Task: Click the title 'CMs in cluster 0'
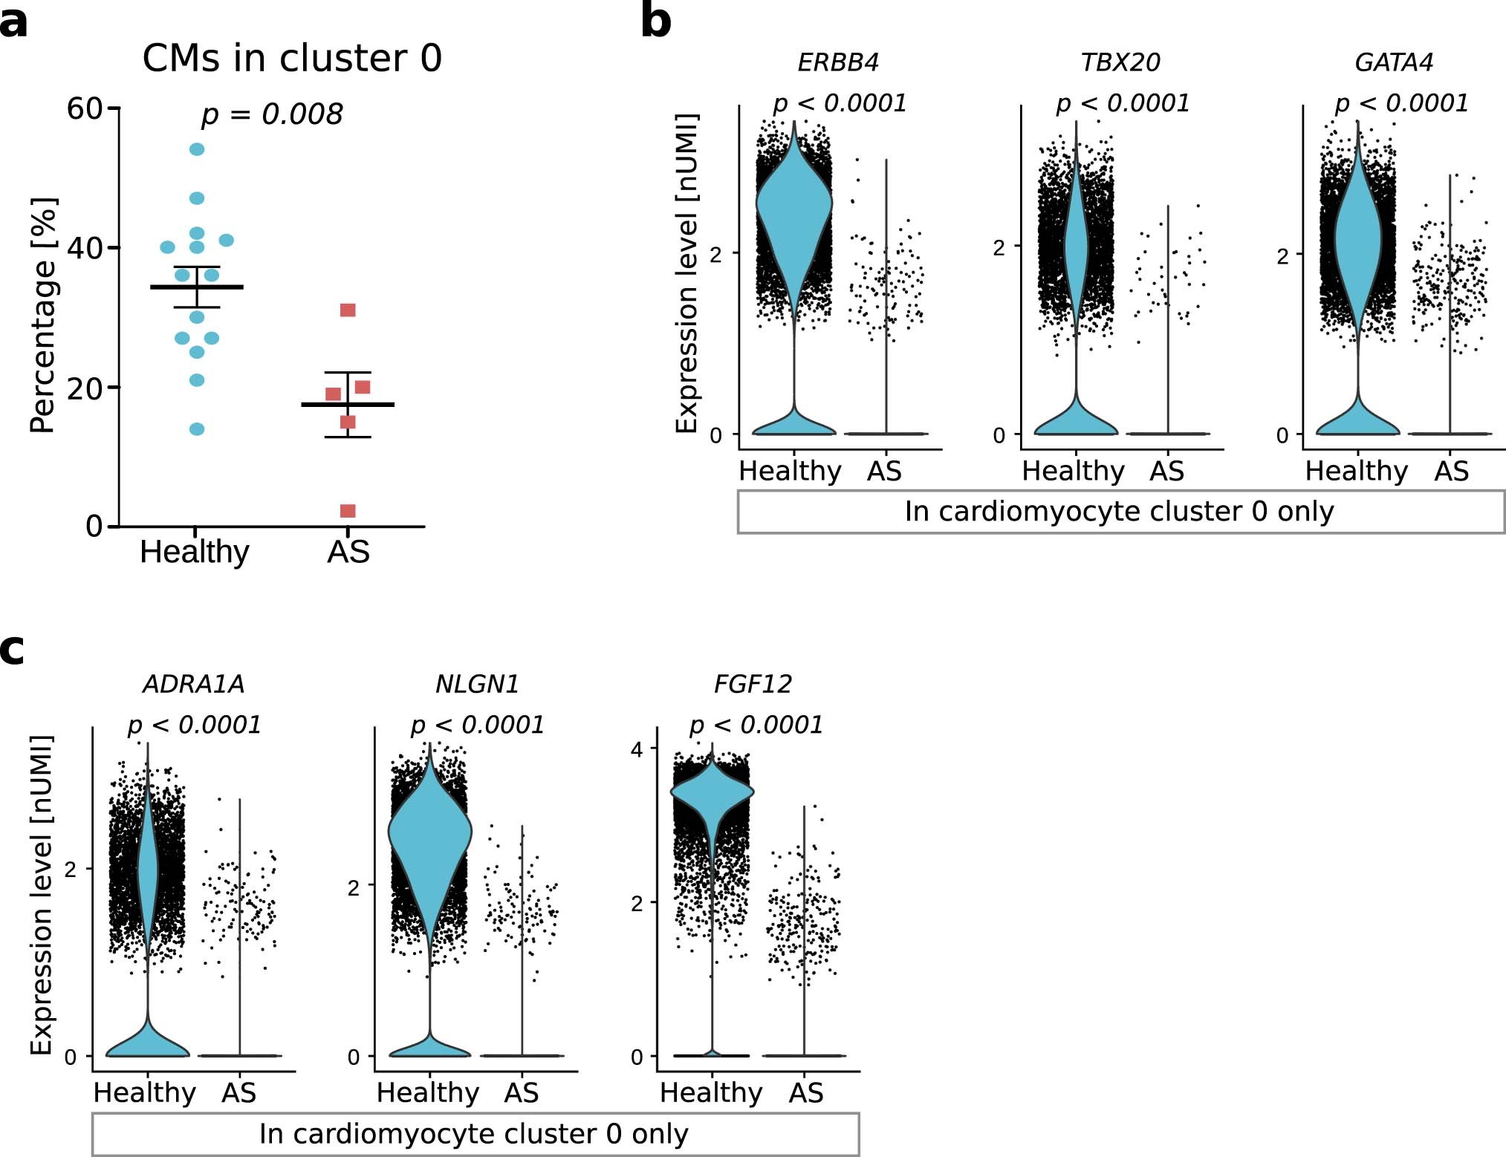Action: click(x=292, y=58)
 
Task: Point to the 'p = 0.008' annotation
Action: click(x=272, y=114)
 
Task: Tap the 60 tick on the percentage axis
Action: click(x=84, y=108)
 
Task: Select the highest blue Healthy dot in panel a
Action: click(x=197, y=149)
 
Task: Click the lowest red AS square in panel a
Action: click(x=348, y=511)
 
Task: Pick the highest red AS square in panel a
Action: click(x=348, y=310)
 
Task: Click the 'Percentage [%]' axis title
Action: click(x=42, y=316)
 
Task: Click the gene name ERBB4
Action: click(x=837, y=62)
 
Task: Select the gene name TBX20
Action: click(x=1120, y=62)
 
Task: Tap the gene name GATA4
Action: click(x=1393, y=62)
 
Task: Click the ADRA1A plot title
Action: click(x=193, y=684)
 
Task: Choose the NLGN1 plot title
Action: click(x=477, y=684)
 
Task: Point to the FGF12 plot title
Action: click(x=753, y=684)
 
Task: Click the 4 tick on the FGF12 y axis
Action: click(x=637, y=749)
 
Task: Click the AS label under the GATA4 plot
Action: click(x=1451, y=471)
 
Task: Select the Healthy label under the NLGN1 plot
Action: click(x=428, y=1092)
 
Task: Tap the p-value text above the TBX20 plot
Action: click(x=1123, y=103)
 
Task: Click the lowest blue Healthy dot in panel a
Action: click(x=197, y=429)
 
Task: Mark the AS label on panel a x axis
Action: click(x=348, y=552)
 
